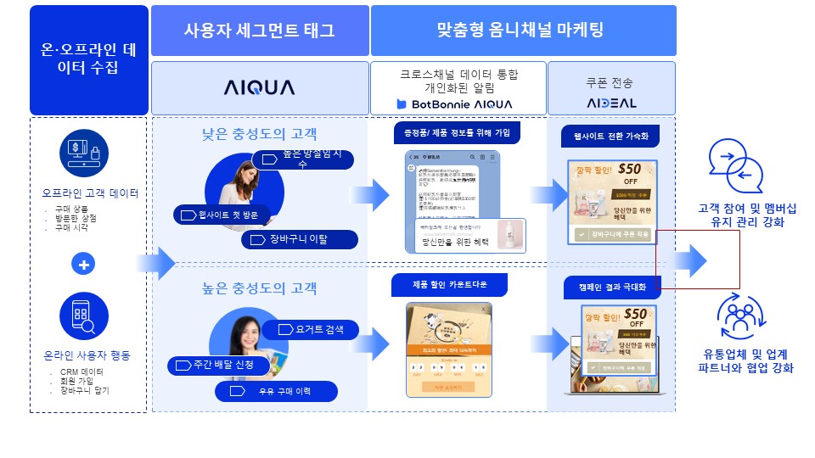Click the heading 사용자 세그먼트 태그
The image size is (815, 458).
pyautogui.click(x=260, y=31)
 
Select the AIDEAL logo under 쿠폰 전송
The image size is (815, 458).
pyautogui.click(x=610, y=103)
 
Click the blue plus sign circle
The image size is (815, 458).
pyautogui.click(x=84, y=265)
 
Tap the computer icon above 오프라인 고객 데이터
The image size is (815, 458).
pyautogui.click(x=84, y=154)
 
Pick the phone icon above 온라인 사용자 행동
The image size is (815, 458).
pyautogui.click(x=84, y=316)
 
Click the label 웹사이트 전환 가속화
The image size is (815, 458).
pyautogui.click(x=610, y=136)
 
